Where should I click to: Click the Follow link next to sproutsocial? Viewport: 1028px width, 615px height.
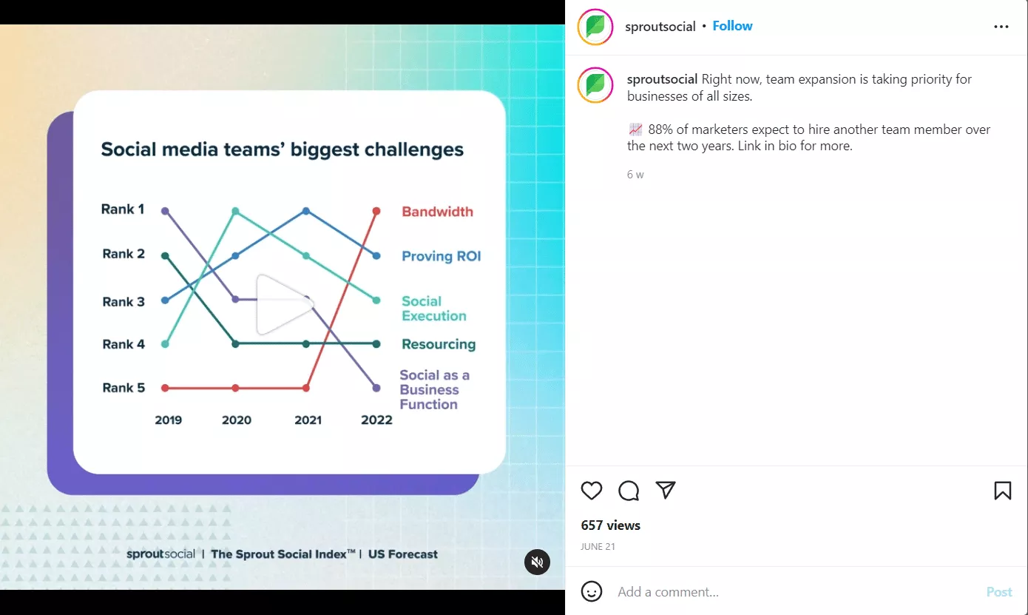pos(732,26)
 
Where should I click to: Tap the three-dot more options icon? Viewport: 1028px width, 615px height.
pos(1001,27)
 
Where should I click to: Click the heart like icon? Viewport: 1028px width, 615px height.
pos(591,491)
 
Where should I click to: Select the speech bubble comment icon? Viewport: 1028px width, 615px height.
pos(629,491)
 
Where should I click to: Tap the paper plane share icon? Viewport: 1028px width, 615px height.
pos(666,490)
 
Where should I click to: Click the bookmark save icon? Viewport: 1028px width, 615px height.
pos(1003,491)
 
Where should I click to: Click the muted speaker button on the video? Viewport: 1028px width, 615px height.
pos(537,562)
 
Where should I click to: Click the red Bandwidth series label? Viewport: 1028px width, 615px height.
pos(437,212)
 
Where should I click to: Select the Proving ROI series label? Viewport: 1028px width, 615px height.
pos(442,256)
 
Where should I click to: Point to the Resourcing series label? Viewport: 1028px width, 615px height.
pos(439,344)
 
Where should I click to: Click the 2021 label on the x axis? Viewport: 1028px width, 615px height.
pos(308,420)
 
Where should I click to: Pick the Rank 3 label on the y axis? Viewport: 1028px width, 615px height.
pos(124,302)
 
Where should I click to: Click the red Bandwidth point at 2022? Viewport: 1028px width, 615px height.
pos(376,211)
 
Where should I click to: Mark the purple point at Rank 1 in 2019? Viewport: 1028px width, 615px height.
pos(165,211)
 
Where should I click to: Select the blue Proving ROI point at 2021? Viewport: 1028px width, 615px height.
pos(306,211)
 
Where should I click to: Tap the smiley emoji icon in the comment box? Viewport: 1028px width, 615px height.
pos(592,591)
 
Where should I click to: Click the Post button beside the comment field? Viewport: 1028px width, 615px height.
pos(999,591)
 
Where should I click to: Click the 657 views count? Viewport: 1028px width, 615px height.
pos(610,525)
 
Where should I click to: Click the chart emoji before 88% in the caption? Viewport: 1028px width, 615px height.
pos(635,130)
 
